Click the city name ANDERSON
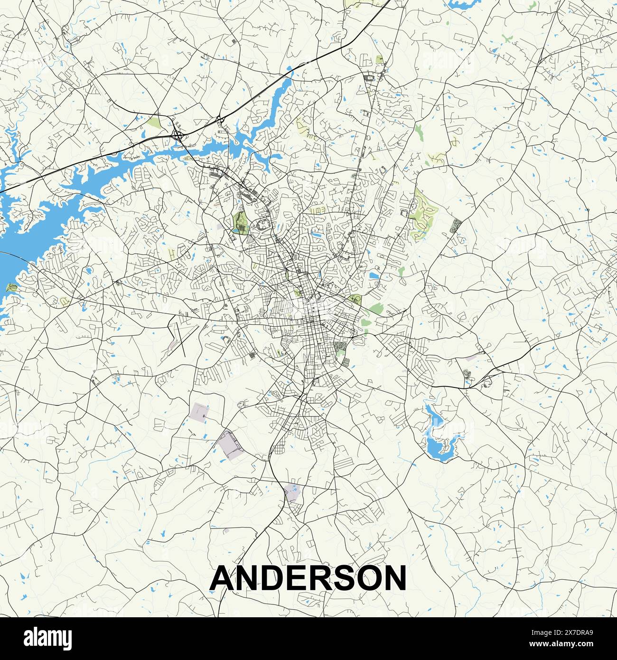[x=308, y=578]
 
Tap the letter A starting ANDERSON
[x=223, y=578]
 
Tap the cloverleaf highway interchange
[x=178, y=135]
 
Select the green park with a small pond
[x=241, y=223]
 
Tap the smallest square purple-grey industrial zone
[x=200, y=411]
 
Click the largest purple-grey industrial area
[x=230, y=445]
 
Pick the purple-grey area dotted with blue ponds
[x=292, y=492]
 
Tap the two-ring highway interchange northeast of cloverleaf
[x=220, y=121]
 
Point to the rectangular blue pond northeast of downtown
[x=374, y=275]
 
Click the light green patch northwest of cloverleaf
[x=154, y=123]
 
